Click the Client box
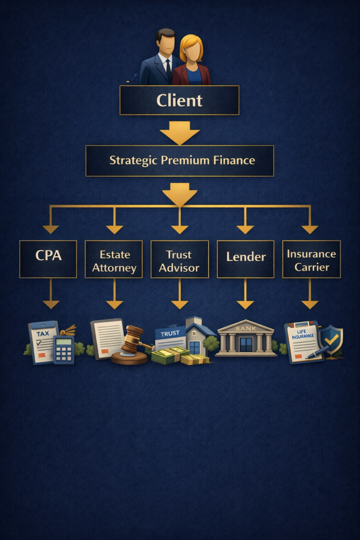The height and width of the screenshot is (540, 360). point(179,100)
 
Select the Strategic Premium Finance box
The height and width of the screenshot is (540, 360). point(179,160)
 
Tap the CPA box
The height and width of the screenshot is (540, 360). point(48,258)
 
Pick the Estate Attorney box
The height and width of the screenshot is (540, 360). point(114,259)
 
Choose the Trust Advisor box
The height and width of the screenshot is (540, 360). point(179,259)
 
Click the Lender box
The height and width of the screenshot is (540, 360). point(245,259)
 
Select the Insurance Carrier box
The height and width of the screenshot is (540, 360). point(311,259)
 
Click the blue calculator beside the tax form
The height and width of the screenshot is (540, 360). point(63,349)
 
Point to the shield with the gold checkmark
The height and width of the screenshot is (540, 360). point(331,338)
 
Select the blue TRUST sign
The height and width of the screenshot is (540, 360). point(170,333)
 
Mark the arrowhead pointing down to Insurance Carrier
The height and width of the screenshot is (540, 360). point(310,229)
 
